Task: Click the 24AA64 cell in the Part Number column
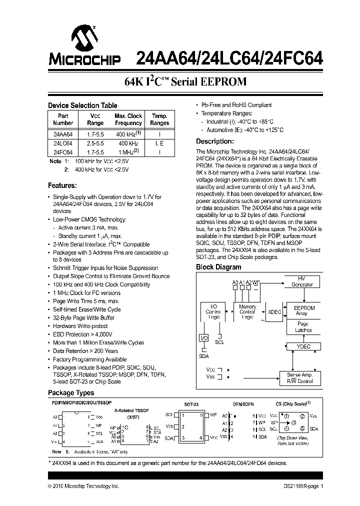click(63, 134)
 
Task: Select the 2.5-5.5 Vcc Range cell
click(95, 143)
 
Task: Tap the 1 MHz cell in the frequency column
click(128, 151)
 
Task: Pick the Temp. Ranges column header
click(159, 119)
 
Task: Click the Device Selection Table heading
click(82, 105)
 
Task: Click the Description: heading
click(214, 141)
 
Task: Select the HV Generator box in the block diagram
click(302, 281)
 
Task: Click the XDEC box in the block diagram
click(274, 311)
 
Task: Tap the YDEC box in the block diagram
click(303, 346)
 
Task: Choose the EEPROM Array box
click(304, 310)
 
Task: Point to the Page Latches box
click(303, 327)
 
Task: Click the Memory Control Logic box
click(247, 311)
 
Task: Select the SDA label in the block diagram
click(203, 356)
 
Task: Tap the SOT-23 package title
click(192, 404)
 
